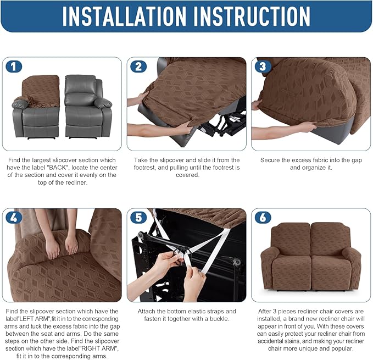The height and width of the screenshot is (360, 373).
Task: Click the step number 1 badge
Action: click(14, 67)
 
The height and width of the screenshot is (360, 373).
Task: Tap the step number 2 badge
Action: click(138, 67)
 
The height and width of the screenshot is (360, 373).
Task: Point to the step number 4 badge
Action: click(14, 217)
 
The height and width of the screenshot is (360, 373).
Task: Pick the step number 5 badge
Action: click(138, 217)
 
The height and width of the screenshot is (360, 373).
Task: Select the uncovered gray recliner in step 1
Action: click(87, 107)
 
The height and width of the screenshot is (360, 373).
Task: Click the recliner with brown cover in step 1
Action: click(36, 107)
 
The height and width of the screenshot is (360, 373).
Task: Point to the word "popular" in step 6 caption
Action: click(343, 348)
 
